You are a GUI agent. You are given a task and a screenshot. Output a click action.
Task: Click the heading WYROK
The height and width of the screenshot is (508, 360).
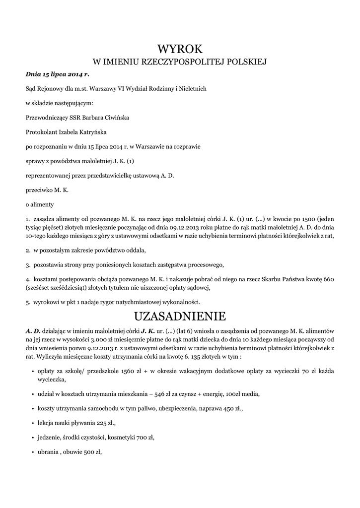pos(180,49)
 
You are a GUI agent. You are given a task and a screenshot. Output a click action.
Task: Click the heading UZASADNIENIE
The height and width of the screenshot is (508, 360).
pos(180,316)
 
